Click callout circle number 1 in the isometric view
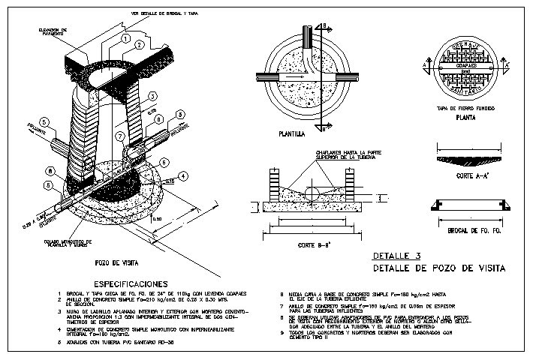click(x=126, y=37)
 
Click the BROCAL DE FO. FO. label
click(x=470, y=231)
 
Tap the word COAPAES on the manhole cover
click(x=470, y=65)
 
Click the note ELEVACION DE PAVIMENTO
click(x=43, y=31)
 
